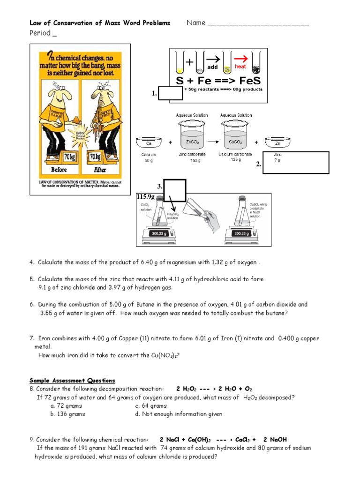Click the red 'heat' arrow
tap(241, 59)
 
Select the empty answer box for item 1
tap(171, 93)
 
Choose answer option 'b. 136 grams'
tap(68, 414)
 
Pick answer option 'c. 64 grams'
tap(151, 405)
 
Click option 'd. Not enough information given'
tap(179, 414)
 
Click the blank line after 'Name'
tap(258, 24)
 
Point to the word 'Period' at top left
tap(40, 33)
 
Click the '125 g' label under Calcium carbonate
tap(235, 160)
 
